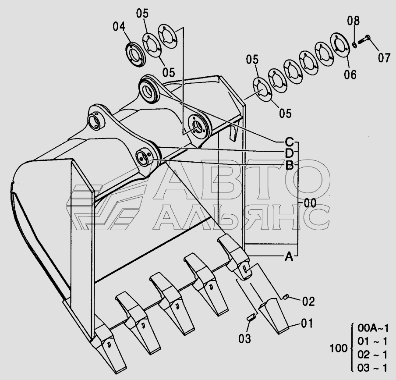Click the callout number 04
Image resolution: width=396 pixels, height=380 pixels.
tap(119, 26)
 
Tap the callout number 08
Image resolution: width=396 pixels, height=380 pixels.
tap(354, 21)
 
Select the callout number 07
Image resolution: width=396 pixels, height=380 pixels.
tap(384, 58)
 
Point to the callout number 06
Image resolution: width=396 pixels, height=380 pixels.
tap(350, 75)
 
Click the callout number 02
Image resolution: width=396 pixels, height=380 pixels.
tap(308, 302)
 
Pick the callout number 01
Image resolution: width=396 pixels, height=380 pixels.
tap(307, 323)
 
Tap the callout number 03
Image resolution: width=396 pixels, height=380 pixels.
tap(245, 338)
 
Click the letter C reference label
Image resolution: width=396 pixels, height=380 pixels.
tap(289, 142)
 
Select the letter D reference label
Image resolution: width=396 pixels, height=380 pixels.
tap(290, 153)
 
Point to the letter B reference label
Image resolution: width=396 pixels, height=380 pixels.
tap(290, 166)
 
